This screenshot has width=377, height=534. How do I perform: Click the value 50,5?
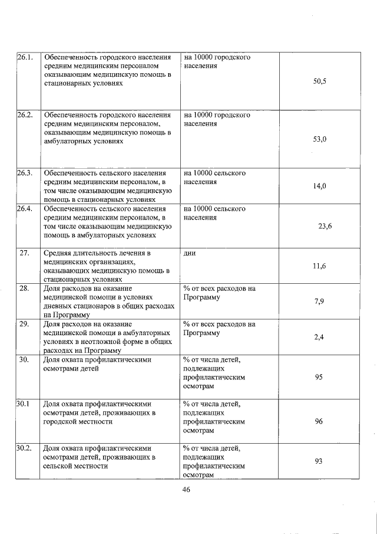319,81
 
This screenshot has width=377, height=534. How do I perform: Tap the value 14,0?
319,186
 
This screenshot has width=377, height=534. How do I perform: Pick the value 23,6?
325,225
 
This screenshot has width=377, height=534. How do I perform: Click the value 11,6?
319,266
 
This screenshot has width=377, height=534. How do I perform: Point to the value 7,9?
319,302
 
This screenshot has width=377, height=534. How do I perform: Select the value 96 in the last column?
318,421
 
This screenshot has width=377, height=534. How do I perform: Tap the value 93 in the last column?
318,461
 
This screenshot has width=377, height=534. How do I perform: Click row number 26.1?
25,58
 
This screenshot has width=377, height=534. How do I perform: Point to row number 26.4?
25,209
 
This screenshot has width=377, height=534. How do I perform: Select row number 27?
25,253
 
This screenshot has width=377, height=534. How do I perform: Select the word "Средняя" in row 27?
58,253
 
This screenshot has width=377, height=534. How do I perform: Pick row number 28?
25,289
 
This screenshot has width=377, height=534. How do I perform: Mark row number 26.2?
25,114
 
